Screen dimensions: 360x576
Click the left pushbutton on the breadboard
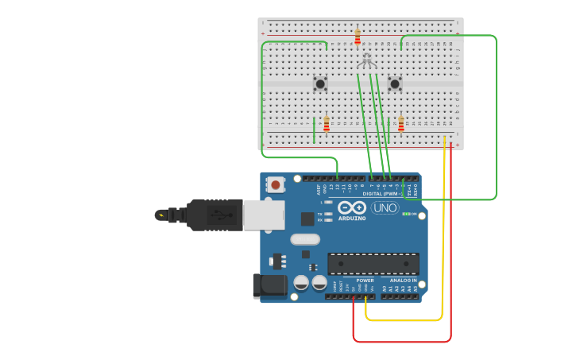coord(320,83)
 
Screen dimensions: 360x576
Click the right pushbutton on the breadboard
coord(395,83)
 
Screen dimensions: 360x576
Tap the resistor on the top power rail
coord(358,37)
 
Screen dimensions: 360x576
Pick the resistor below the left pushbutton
coord(327,125)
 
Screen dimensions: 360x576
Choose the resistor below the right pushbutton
coord(401,125)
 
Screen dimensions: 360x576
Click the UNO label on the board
coord(385,208)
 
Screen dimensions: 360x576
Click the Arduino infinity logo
coord(351,208)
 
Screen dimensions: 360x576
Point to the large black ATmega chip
coord(373,264)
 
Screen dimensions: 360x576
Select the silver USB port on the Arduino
coord(263,215)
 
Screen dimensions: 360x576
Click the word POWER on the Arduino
coord(365,281)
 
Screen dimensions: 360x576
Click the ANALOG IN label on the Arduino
coord(403,281)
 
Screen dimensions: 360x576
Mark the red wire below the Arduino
coord(401,342)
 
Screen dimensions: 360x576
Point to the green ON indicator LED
coord(406,214)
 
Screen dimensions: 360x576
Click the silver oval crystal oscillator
coord(304,239)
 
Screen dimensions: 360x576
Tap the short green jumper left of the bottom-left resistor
coord(314,130)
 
